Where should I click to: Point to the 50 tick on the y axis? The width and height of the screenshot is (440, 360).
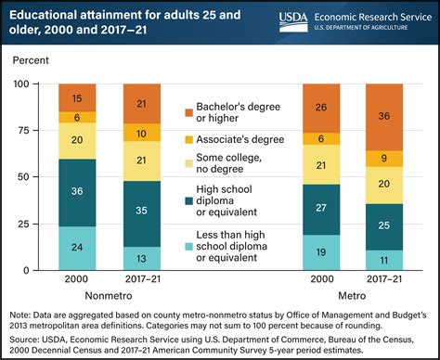tap(36, 177)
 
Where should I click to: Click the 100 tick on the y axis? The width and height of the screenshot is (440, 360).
tap(33, 84)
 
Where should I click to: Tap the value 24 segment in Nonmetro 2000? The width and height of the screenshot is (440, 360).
tap(77, 248)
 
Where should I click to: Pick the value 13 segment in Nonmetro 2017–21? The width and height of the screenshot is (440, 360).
tap(141, 258)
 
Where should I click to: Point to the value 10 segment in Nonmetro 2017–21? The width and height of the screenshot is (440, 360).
tap(141, 134)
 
